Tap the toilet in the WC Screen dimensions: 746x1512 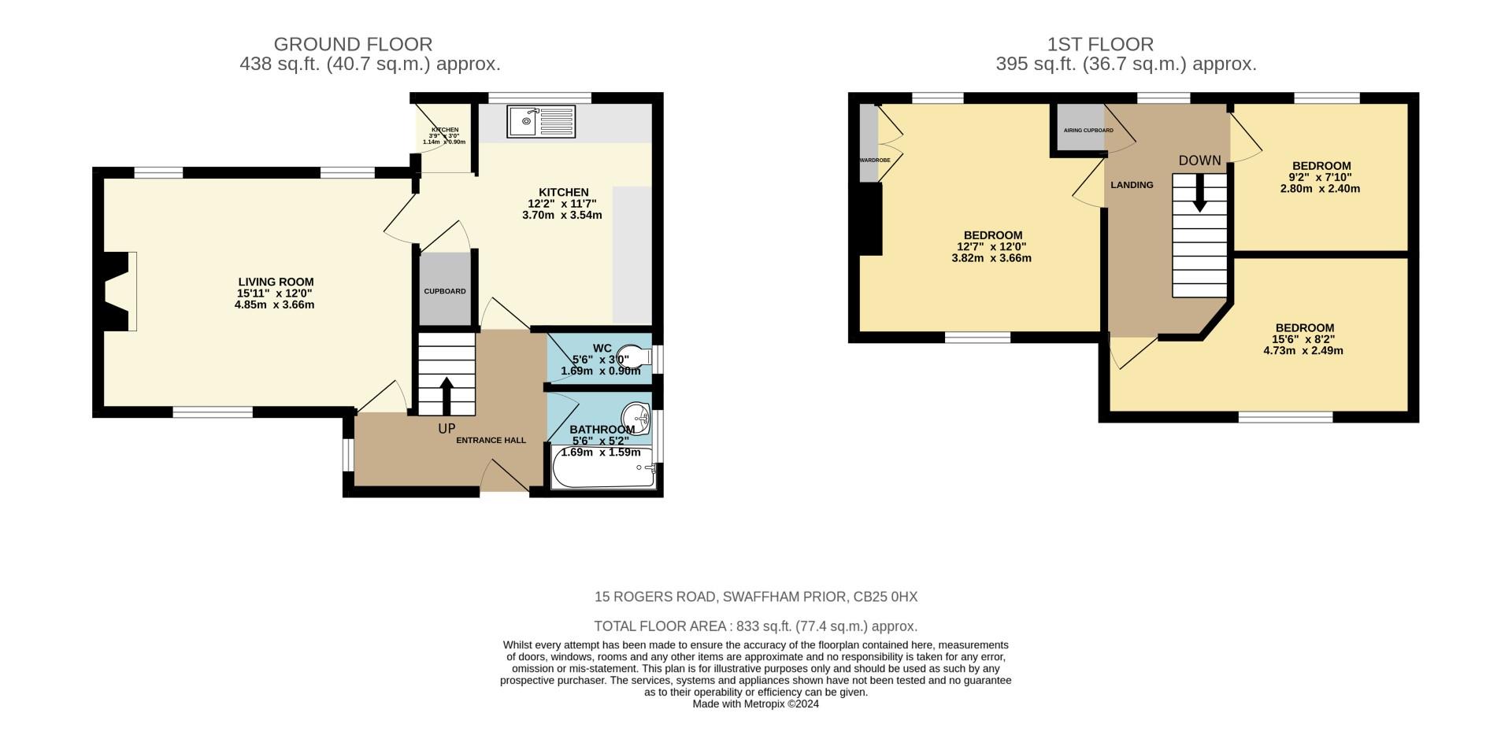[634, 356]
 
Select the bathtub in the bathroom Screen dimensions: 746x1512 [603, 469]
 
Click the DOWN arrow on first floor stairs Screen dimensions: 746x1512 [1199, 193]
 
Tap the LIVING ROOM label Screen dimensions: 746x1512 [276, 282]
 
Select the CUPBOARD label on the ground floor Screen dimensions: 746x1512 [445, 291]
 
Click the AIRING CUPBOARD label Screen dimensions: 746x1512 [1088, 130]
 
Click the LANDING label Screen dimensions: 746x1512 [1132, 185]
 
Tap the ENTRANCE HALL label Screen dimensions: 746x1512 [491, 440]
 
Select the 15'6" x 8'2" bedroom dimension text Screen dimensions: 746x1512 [1304, 339]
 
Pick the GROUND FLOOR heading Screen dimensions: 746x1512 [353, 44]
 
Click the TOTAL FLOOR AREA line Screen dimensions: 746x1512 [755, 626]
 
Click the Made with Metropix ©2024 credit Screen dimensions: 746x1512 [755, 704]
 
